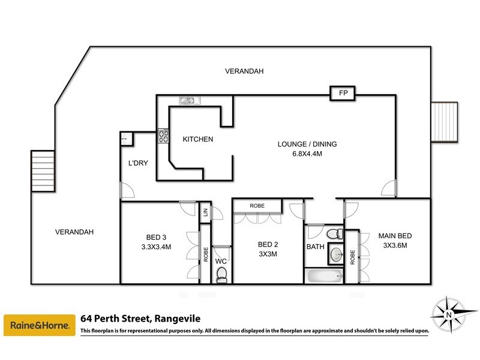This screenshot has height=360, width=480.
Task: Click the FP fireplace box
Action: coord(343,94)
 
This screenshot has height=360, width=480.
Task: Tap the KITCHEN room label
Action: coord(198,139)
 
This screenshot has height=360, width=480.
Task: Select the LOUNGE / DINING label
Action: coord(307,144)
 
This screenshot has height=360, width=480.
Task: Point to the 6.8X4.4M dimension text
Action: coord(307,154)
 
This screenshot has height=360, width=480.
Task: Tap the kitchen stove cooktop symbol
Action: coord(163,136)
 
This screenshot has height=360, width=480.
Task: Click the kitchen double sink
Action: coord(186,101)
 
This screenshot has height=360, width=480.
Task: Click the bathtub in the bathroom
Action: coord(324,277)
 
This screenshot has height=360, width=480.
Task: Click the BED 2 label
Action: coord(267,244)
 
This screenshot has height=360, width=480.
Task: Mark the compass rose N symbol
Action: coord(449,313)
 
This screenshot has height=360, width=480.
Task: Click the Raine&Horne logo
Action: coord(40,326)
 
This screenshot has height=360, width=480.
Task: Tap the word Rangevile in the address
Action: coord(178,319)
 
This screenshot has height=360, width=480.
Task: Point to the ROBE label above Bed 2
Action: coord(257,206)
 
